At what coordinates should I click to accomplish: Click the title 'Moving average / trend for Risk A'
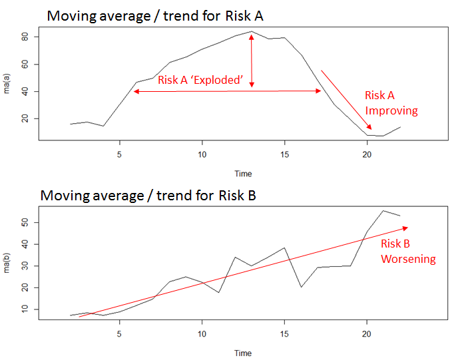click(154, 16)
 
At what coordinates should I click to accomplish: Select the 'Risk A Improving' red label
click(391, 103)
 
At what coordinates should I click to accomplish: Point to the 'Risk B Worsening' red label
click(407, 252)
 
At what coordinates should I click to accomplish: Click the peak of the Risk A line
click(252, 31)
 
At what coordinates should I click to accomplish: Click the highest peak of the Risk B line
click(383, 211)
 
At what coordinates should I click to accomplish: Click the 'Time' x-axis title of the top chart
click(243, 174)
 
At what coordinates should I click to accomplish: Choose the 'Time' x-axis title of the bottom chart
click(243, 353)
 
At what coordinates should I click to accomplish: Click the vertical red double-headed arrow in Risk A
click(252, 61)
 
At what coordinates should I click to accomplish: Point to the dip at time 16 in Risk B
click(301, 287)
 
